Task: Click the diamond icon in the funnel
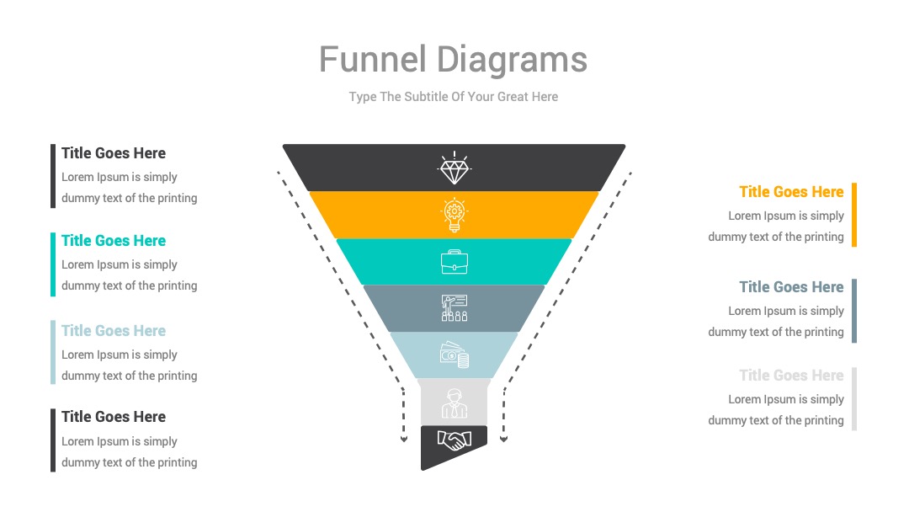(454, 168)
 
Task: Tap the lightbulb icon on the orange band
(454, 215)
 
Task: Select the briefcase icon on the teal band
(454, 262)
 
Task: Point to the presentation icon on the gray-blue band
(454, 308)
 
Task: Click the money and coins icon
(454, 355)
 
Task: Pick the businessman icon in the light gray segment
(454, 403)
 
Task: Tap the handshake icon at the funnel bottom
(454, 440)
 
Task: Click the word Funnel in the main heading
(373, 59)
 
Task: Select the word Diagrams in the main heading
(512, 61)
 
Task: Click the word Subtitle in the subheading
(426, 97)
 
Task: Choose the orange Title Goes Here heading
(791, 192)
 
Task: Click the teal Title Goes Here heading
(114, 241)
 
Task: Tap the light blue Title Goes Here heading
(114, 330)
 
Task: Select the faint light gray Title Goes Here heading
(791, 375)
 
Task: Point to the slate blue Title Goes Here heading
(791, 287)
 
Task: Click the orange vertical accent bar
(854, 215)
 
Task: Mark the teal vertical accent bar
(53, 264)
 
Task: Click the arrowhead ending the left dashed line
(403, 440)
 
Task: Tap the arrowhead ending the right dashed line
(504, 440)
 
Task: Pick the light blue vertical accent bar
(53, 352)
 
